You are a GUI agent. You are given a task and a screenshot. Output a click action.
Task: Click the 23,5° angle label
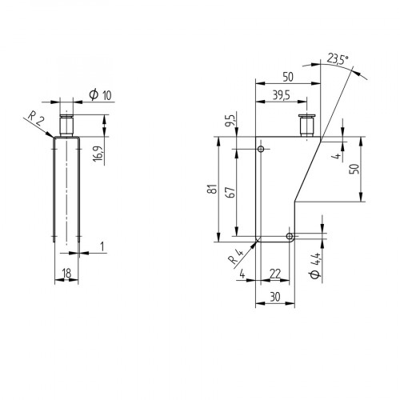point(336,58)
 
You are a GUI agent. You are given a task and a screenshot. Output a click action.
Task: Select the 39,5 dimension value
point(281,95)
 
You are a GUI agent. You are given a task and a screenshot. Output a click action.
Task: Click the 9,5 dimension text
point(230,124)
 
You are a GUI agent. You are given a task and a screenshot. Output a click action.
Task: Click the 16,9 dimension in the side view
point(97,152)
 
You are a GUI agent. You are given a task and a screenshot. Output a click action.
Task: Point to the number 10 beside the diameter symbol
point(106,95)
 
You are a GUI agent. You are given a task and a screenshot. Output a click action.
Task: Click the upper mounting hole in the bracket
point(262,149)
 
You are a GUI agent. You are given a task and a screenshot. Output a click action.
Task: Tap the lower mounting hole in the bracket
point(290,236)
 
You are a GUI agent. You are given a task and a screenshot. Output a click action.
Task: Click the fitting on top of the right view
point(304,126)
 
